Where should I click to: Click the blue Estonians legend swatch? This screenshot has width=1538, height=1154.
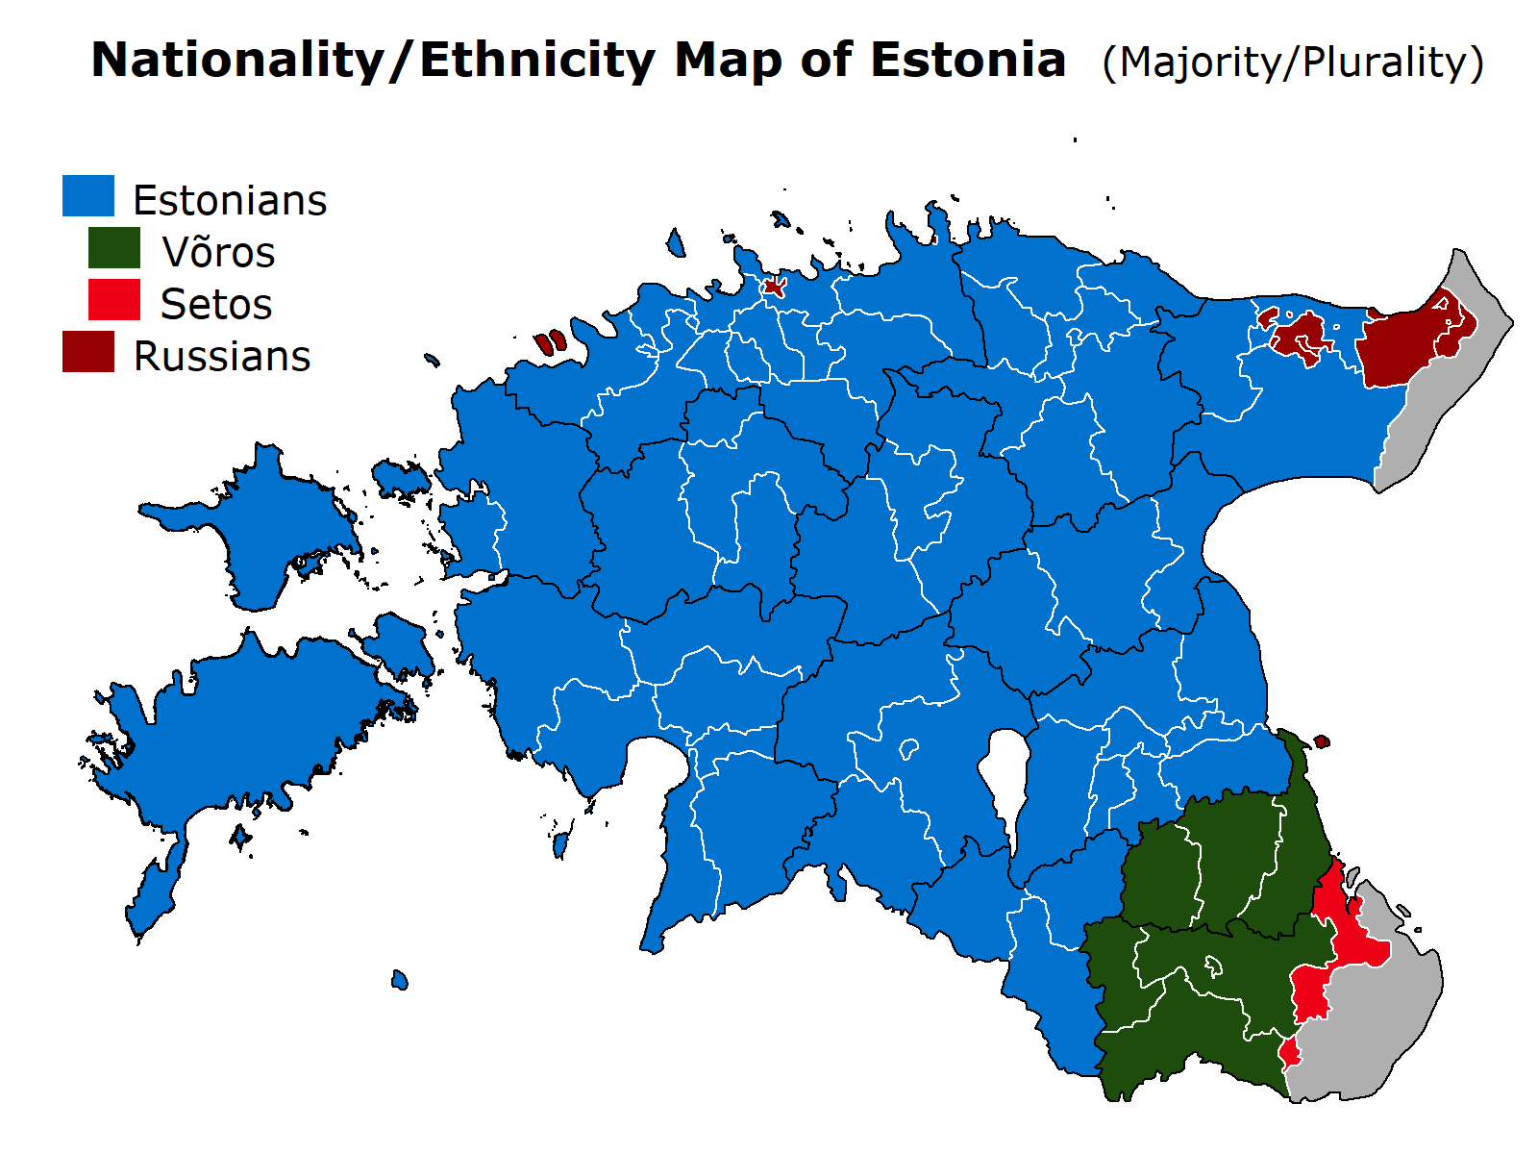click(88, 196)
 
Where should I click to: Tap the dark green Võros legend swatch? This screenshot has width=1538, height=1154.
click(114, 248)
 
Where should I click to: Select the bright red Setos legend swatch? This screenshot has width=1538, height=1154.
click(114, 300)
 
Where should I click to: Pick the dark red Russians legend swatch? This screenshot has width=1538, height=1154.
click(88, 352)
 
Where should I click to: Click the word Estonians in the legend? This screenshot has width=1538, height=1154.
click(230, 201)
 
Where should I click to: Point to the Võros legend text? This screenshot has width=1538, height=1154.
click(218, 253)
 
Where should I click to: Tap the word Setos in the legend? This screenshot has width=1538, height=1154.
click(216, 305)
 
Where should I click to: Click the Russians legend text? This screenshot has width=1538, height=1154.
click(222, 357)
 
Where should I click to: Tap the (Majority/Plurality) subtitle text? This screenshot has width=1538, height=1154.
click(1293, 63)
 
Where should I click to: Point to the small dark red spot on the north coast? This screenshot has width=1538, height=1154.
click(774, 286)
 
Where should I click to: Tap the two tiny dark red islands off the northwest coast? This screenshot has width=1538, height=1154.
click(550, 342)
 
